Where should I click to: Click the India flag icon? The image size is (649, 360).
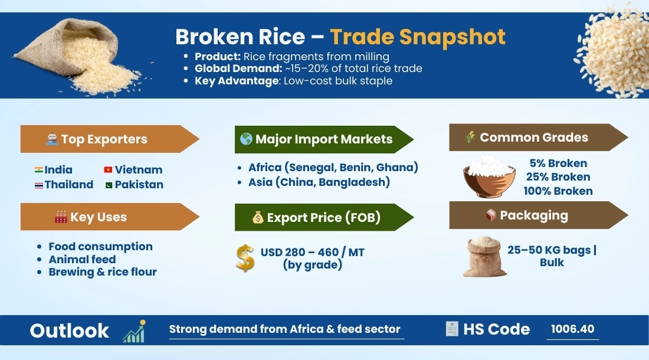[x=39, y=170]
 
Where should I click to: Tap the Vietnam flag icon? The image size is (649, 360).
[x=108, y=170]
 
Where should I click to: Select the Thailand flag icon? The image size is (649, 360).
[x=39, y=185]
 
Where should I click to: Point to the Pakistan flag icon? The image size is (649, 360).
[x=108, y=185]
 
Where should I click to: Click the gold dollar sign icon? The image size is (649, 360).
[x=245, y=258]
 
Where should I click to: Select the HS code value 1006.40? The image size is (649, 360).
[x=572, y=329]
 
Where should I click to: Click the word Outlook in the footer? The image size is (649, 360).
[x=70, y=330]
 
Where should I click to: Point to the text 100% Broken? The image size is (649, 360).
[x=558, y=191]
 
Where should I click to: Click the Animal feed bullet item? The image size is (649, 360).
[x=82, y=259]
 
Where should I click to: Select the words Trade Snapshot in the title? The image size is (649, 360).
[x=418, y=37]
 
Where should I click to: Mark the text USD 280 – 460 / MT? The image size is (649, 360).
[x=313, y=253]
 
